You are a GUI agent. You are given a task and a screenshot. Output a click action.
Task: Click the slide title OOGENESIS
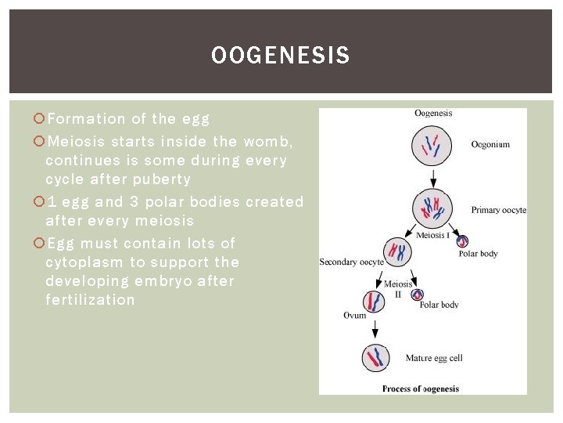[x=281, y=56]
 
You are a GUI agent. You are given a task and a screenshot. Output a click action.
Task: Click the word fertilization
[x=90, y=300]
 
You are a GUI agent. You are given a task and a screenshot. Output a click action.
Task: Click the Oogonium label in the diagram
[x=490, y=144]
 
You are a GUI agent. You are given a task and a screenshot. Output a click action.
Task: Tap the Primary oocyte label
[x=499, y=210]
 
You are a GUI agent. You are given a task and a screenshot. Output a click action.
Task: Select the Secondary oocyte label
[x=351, y=262]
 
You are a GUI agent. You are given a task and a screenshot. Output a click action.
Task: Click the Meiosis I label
[x=432, y=236]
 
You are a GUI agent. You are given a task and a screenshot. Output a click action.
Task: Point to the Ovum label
[x=354, y=315]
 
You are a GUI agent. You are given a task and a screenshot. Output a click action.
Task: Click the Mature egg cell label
[x=434, y=359]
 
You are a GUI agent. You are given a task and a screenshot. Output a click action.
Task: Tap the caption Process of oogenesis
[x=421, y=389]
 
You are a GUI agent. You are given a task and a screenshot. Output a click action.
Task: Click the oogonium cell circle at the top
[x=432, y=146]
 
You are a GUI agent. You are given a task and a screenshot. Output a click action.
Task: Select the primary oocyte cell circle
[x=432, y=207]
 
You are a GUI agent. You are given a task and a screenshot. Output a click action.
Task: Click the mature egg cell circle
[x=376, y=358]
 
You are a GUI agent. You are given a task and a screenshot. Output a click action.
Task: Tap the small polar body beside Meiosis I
[x=462, y=241]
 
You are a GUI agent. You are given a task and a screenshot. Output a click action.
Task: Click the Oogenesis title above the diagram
[x=433, y=114]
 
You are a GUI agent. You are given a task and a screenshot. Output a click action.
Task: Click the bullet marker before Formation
[x=39, y=119]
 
